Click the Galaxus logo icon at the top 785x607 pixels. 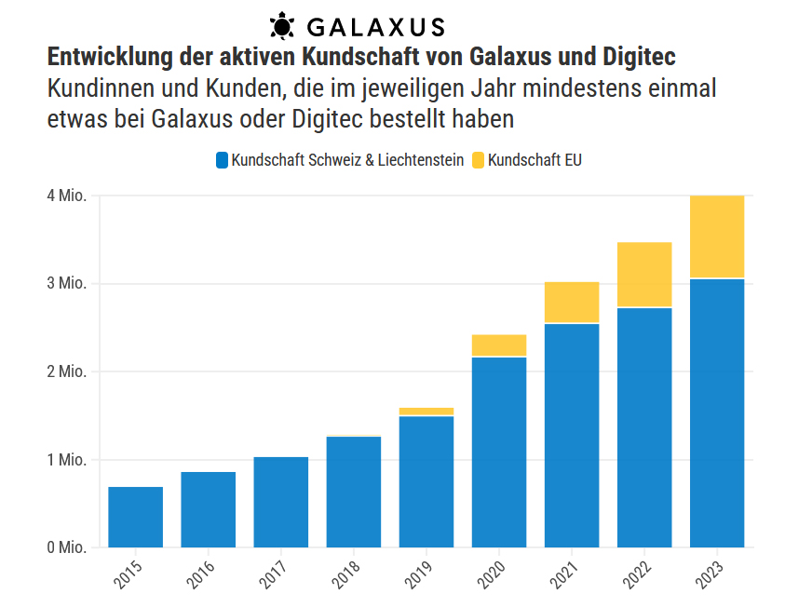click(x=282, y=25)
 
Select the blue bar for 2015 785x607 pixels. click(x=136, y=517)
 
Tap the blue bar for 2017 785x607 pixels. click(x=281, y=502)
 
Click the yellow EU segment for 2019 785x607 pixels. click(x=426, y=411)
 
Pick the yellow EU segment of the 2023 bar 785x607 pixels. click(x=717, y=236)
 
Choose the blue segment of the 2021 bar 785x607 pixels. click(x=572, y=435)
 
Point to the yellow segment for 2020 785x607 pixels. click(x=499, y=345)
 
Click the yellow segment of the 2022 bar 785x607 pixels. click(x=644, y=275)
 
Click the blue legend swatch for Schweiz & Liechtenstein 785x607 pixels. click(x=222, y=160)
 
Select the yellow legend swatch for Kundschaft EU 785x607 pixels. click(x=478, y=160)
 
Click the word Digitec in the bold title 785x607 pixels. click(x=637, y=57)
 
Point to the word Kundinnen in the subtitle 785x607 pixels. click(x=90, y=89)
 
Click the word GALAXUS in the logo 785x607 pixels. click(x=376, y=26)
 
